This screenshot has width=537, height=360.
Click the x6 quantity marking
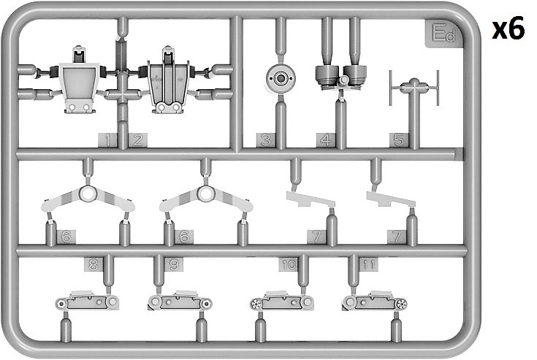pyautogui.click(x=509, y=29)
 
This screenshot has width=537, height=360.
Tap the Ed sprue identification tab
pyautogui.click(x=444, y=33)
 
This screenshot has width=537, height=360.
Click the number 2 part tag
pyautogui.click(x=137, y=140)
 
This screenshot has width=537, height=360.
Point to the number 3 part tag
pyautogui.click(x=265, y=140)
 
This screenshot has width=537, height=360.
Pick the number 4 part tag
pyautogui.click(x=325, y=140)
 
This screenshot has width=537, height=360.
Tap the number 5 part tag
pyautogui.click(x=399, y=140)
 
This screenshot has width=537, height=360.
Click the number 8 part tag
pyautogui.click(x=94, y=264)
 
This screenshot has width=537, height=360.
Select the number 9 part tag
pyautogui.click(x=174, y=264)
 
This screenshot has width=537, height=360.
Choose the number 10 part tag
pyautogui.click(x=288, y=264)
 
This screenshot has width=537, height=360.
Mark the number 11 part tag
pyautogui.click(x=368, y=264)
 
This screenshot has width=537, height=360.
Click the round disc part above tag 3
pyautogui.click(x=281, y=78)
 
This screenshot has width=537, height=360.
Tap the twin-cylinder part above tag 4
pyautogui.click(x=341, y=77)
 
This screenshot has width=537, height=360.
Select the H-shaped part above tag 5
pyautogui.click(x=414, y=88)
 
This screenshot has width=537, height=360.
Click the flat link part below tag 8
pyautogui.click(x=87, y=301)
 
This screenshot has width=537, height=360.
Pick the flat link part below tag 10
pyautogui.click(x=282, y=301)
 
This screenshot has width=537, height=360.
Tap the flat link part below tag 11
pyautogui.click(x=375, y=301)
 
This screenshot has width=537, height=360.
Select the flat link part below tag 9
pyautogui.click(x=180, y=301)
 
